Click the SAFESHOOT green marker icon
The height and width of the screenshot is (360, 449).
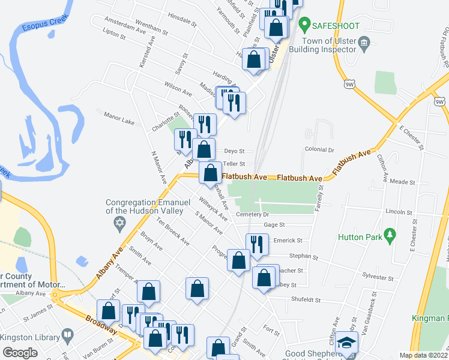(x=304, y=26)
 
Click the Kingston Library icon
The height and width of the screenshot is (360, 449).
(x=68, y=334)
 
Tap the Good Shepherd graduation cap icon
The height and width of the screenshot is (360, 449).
(x=346, y=342)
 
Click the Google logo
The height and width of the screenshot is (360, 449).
(x=20, y=352)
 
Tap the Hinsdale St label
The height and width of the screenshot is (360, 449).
(x=182, y=21)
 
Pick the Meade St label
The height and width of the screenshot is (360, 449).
(x=402, y=181)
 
